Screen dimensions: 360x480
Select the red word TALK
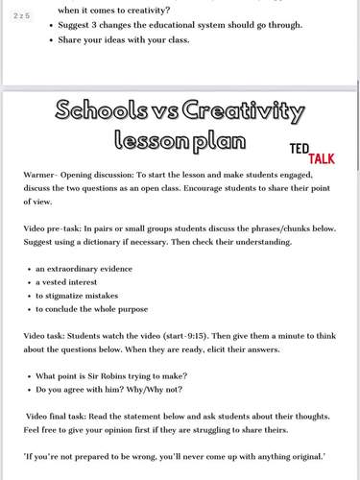click(330, 157)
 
